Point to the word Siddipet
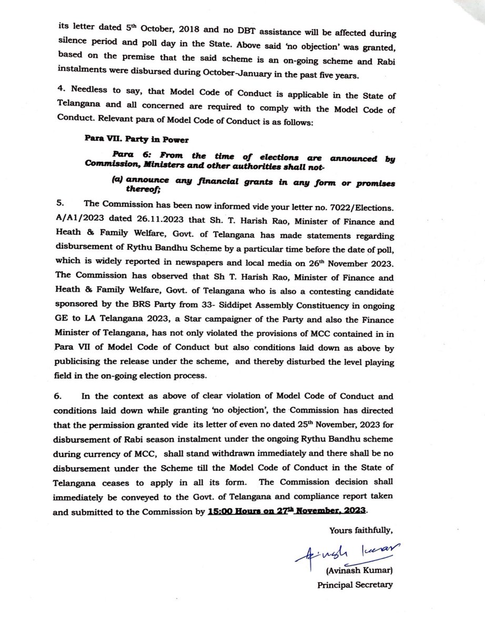pos(254,305)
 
